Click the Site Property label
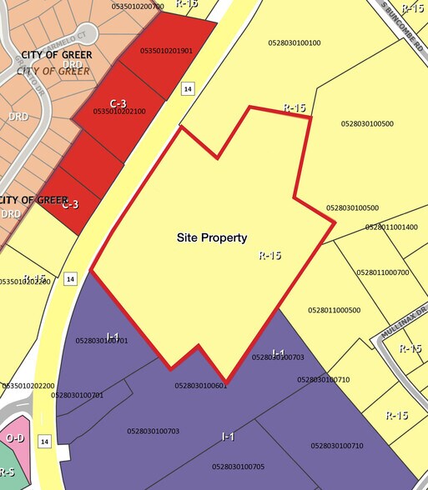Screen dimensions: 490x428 tap(212, 237)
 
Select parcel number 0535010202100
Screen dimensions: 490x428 tap(119, 111)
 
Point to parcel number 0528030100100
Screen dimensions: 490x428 tap(295, 42)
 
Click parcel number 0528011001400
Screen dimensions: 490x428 tap(391, 227)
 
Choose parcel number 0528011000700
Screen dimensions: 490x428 tap(383, 272)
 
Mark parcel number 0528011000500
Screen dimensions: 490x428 tap(335, 310)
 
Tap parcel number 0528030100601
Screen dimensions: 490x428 tap(201, 385)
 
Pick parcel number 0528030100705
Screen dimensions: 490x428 tap(238, 466)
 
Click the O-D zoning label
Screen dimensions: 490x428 tap(14, 437)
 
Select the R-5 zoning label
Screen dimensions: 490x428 tap(7, 472)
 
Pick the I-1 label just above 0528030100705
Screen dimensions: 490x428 tap(228, 437)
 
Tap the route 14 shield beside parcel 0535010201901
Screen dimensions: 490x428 tap(188, 88)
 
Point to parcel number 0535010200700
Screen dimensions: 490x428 tap(138, 6)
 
